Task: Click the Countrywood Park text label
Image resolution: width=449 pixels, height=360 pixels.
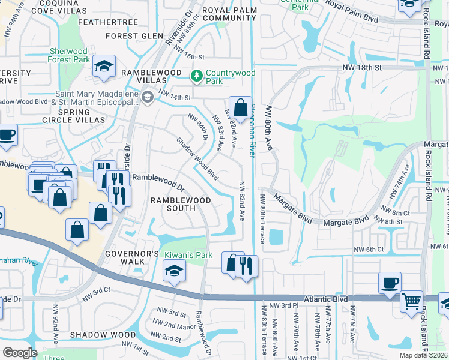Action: [231, 77]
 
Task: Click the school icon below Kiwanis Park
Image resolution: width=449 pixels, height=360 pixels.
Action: [174, 271]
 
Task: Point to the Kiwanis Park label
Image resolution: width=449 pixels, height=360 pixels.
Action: [188, 255]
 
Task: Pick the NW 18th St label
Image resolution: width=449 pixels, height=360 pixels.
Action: [362, 68]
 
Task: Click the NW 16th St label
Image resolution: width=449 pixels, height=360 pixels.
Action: [191, 56]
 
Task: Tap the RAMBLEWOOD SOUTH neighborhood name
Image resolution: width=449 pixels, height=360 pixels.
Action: [173, 204]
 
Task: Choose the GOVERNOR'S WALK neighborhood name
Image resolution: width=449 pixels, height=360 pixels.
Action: [131, 257]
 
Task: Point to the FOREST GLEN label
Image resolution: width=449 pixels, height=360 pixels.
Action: [134, 36]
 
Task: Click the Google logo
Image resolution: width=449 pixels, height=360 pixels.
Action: [20, 352]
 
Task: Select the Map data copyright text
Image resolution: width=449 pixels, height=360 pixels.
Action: [427, 356]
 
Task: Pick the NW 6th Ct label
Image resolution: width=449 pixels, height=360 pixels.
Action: [368, 250]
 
